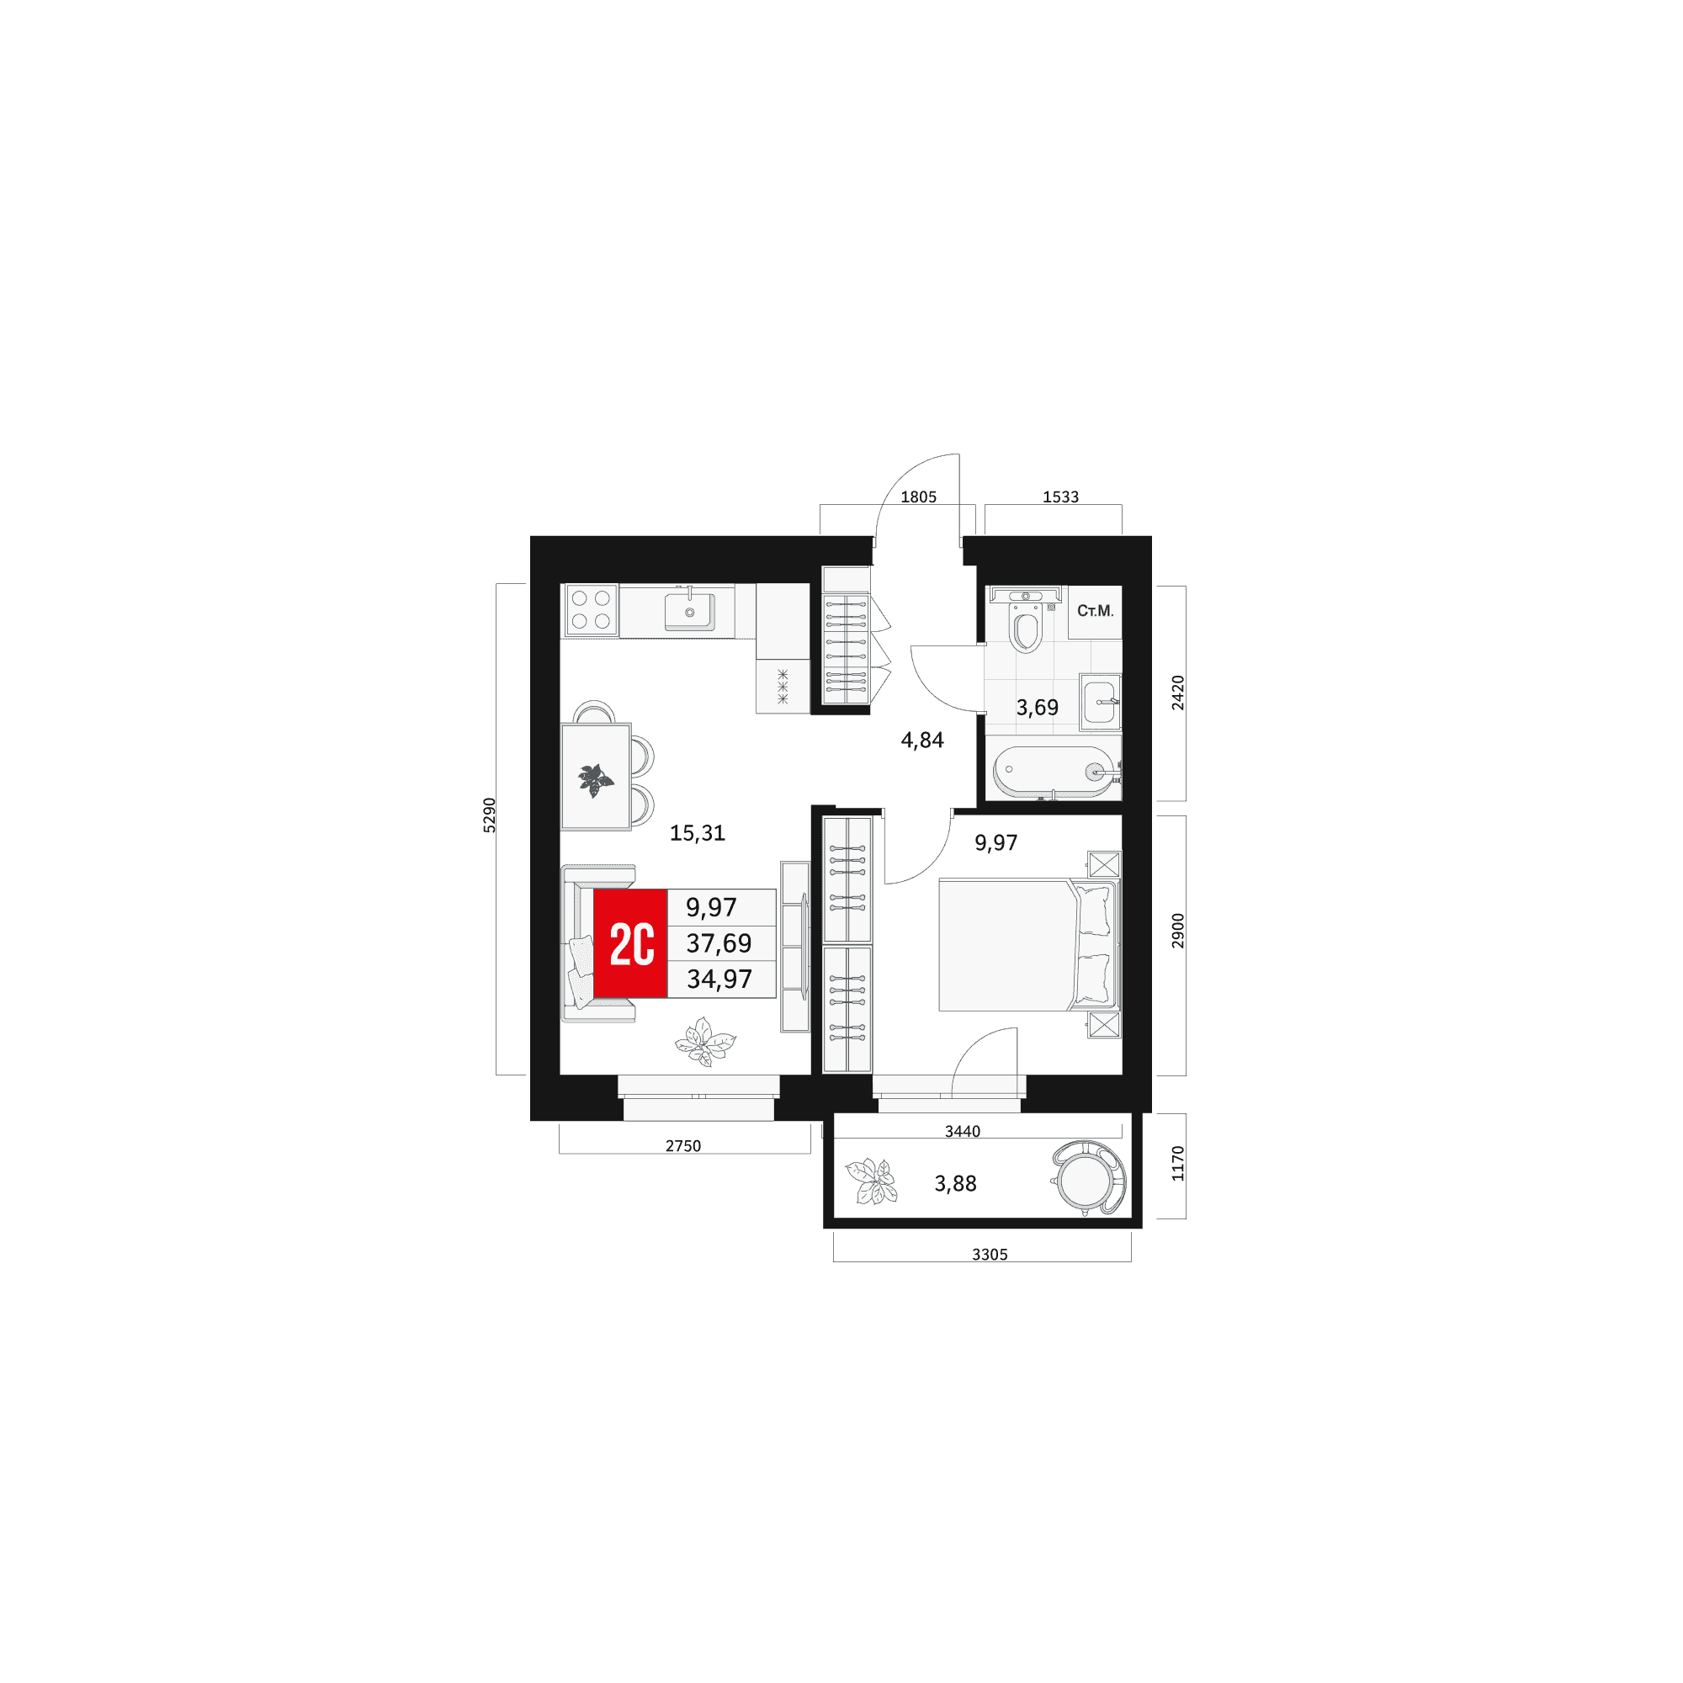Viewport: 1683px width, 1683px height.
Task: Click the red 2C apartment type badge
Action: (x=629, y=943)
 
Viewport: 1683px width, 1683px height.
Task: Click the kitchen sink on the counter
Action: (x=689, y=611)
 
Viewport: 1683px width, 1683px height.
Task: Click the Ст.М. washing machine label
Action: (x=1095, y=612)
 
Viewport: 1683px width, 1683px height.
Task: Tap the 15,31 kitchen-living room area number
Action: (x=697, y=833)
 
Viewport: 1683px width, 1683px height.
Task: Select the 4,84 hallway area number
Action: (x=921, y=741)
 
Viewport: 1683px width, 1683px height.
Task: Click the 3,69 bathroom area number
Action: (x=1037, y=708)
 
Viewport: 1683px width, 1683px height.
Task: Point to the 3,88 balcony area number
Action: (x=955, y=1184)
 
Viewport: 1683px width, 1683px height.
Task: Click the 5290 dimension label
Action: (x=490, y=815)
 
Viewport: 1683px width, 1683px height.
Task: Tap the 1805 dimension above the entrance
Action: (x=918, y=497)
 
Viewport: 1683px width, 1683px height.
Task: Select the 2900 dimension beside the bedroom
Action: (x=1178, y=932)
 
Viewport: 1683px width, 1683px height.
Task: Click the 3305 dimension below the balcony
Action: (x=990, y=1255)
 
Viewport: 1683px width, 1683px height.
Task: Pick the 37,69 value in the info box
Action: (x=719, y=943)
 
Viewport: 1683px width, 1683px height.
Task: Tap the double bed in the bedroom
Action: (x=1028, y=945)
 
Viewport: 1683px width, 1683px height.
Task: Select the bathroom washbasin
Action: (x=1100, y=702)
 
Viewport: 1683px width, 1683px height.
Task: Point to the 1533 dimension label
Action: (x=1060, y=497)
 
